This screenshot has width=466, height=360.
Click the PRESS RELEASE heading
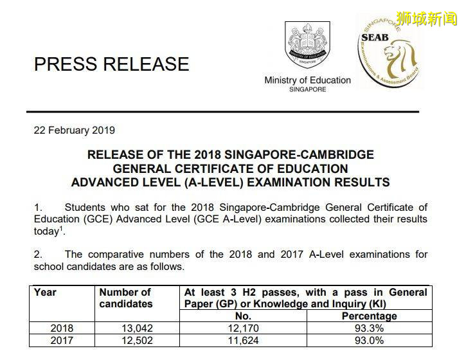click(111, 64)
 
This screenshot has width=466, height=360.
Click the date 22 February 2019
click(74, 130)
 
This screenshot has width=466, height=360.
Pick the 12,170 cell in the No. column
click(244, 328)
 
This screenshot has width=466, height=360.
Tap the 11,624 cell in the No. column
click(244, 341)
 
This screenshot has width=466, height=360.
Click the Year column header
click(45, 292)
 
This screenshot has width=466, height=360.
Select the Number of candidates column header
click(125, 298)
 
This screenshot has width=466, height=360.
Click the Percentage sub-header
click(369, 316)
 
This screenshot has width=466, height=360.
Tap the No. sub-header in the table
click(244, 316)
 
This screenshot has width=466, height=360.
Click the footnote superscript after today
click(61, 228)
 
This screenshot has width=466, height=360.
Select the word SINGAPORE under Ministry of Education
click(307, 90)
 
